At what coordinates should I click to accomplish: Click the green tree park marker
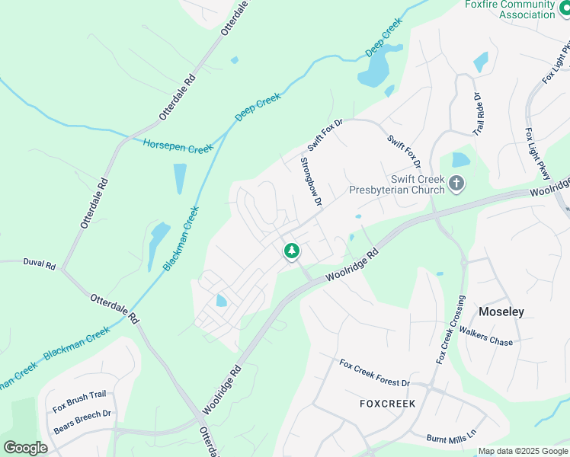[x=290, y=251]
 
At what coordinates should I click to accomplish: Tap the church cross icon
[x=456, y=184]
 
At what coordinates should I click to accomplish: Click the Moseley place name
[x=501, y=312]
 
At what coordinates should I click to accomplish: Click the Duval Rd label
[x=40, y=266]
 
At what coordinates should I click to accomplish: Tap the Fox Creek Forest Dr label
[x=375, y=373]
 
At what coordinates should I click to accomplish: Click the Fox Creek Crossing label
[x=450, y=329]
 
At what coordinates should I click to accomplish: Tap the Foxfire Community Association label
[x=510, y=9]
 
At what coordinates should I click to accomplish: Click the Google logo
[x=25, y=447]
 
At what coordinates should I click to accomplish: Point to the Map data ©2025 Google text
[x=523, y=451]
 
